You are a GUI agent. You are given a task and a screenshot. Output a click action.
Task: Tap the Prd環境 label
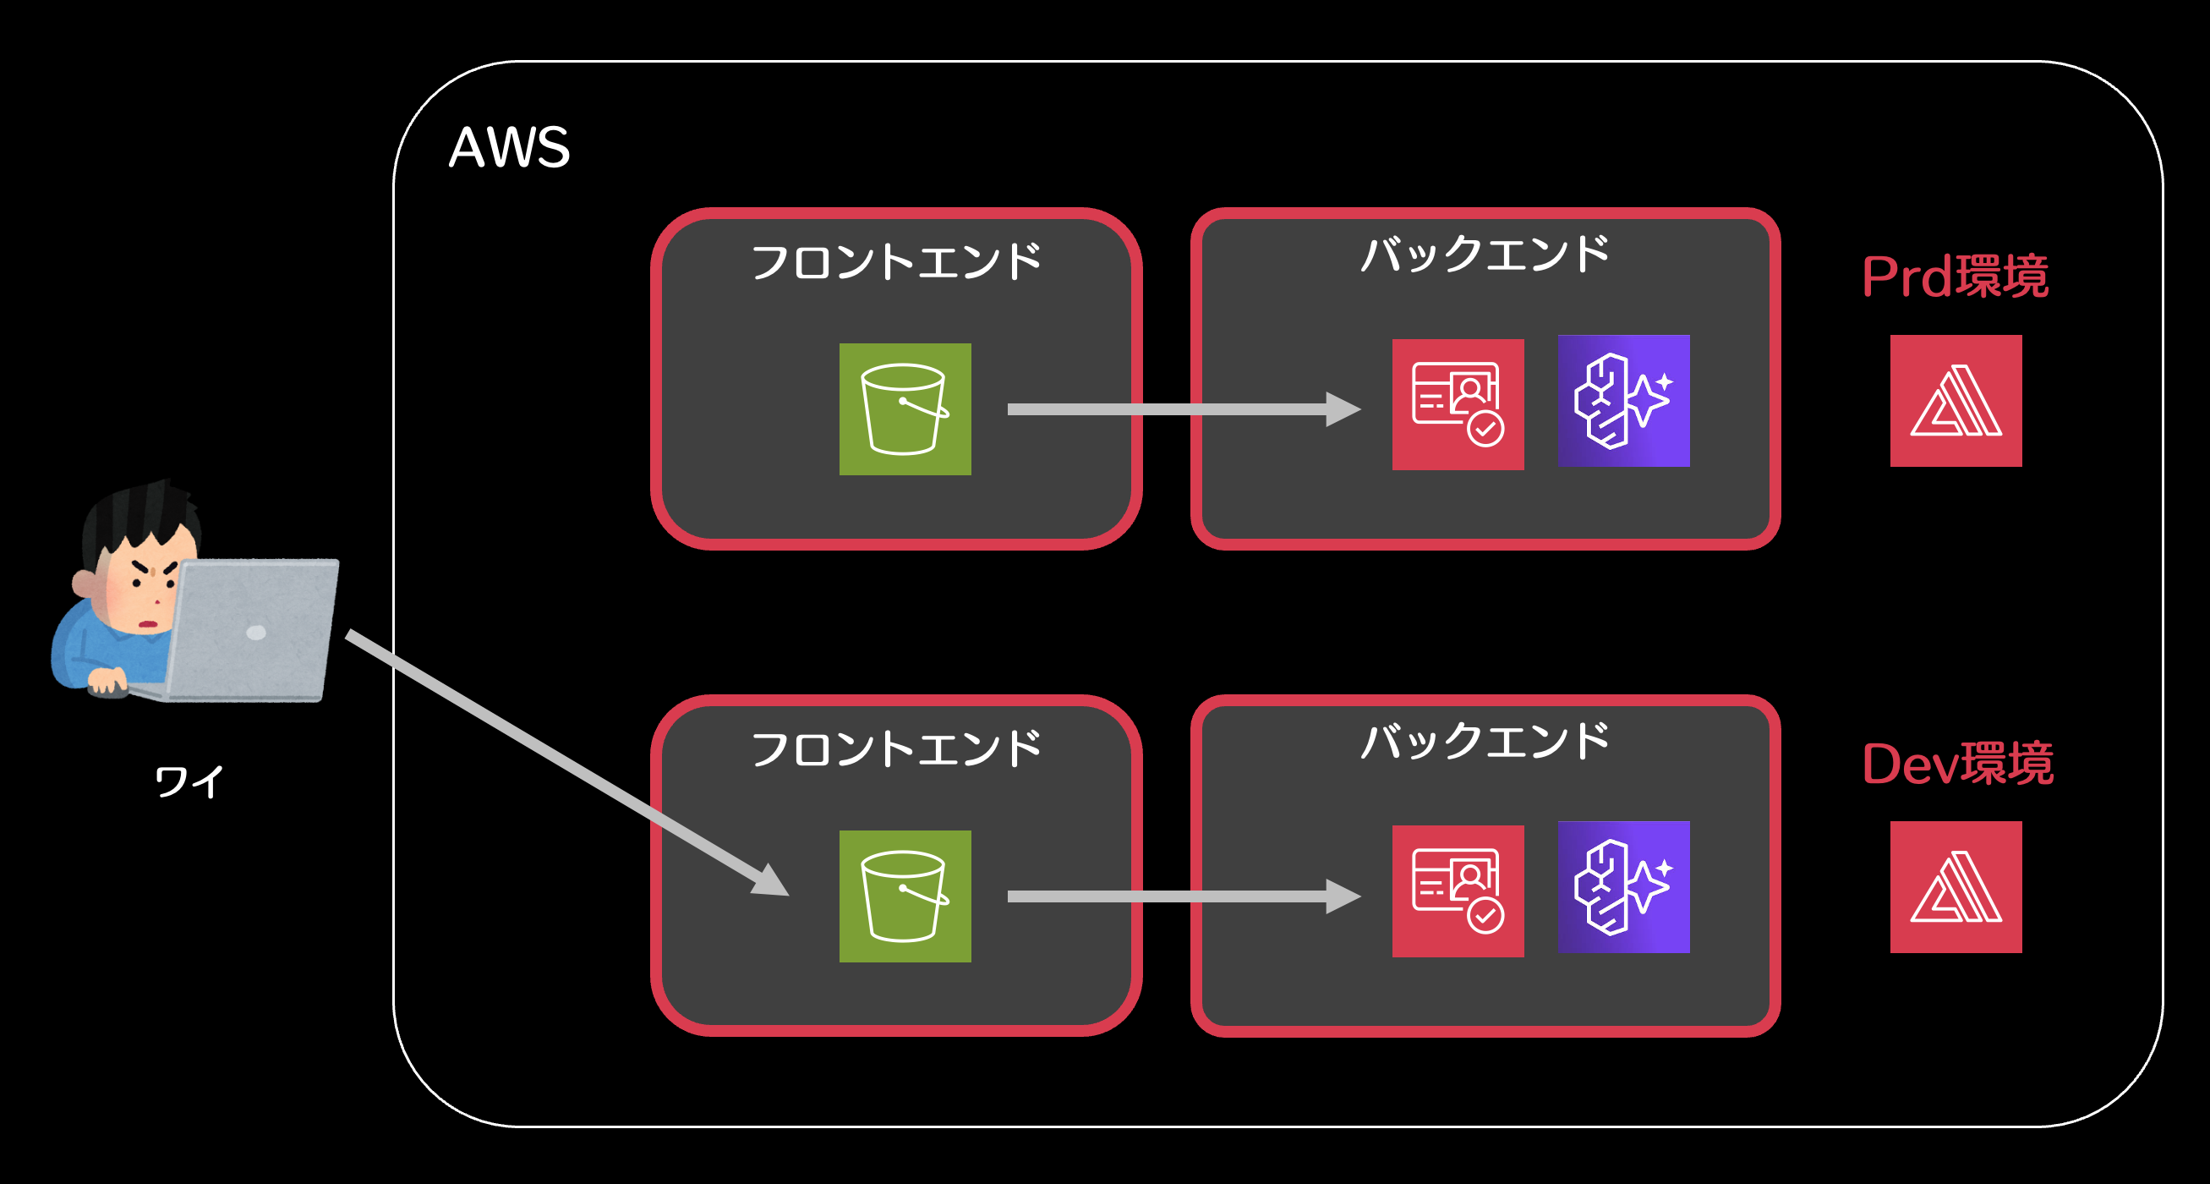[1956, 277]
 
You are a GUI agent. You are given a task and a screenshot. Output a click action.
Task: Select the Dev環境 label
[1957, 764]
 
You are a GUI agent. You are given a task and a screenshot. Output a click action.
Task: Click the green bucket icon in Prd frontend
[905, 409]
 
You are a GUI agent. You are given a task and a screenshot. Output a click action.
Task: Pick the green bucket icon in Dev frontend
[905, 896]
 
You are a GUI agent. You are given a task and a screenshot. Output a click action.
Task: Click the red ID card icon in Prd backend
[1458, 404]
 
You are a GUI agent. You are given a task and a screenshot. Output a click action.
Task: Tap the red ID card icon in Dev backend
[1458, 891]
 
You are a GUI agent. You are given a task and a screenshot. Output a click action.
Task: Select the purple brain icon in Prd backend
[1623, 401]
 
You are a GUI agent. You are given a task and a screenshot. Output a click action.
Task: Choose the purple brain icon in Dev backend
[1623, 887]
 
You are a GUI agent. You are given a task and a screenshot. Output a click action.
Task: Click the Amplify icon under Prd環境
[1956, 401]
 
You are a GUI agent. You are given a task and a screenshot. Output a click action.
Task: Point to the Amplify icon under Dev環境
[1956, 887]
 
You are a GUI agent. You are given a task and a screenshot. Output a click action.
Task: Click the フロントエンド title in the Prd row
[895, 261]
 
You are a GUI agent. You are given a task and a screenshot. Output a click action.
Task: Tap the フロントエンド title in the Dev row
[895, 749]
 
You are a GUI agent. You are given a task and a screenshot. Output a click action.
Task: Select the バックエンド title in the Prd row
[1485, 254]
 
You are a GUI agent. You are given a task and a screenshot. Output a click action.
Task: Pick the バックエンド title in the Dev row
[1485, 741]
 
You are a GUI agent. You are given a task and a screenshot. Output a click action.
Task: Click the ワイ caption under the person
[189, 781]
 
